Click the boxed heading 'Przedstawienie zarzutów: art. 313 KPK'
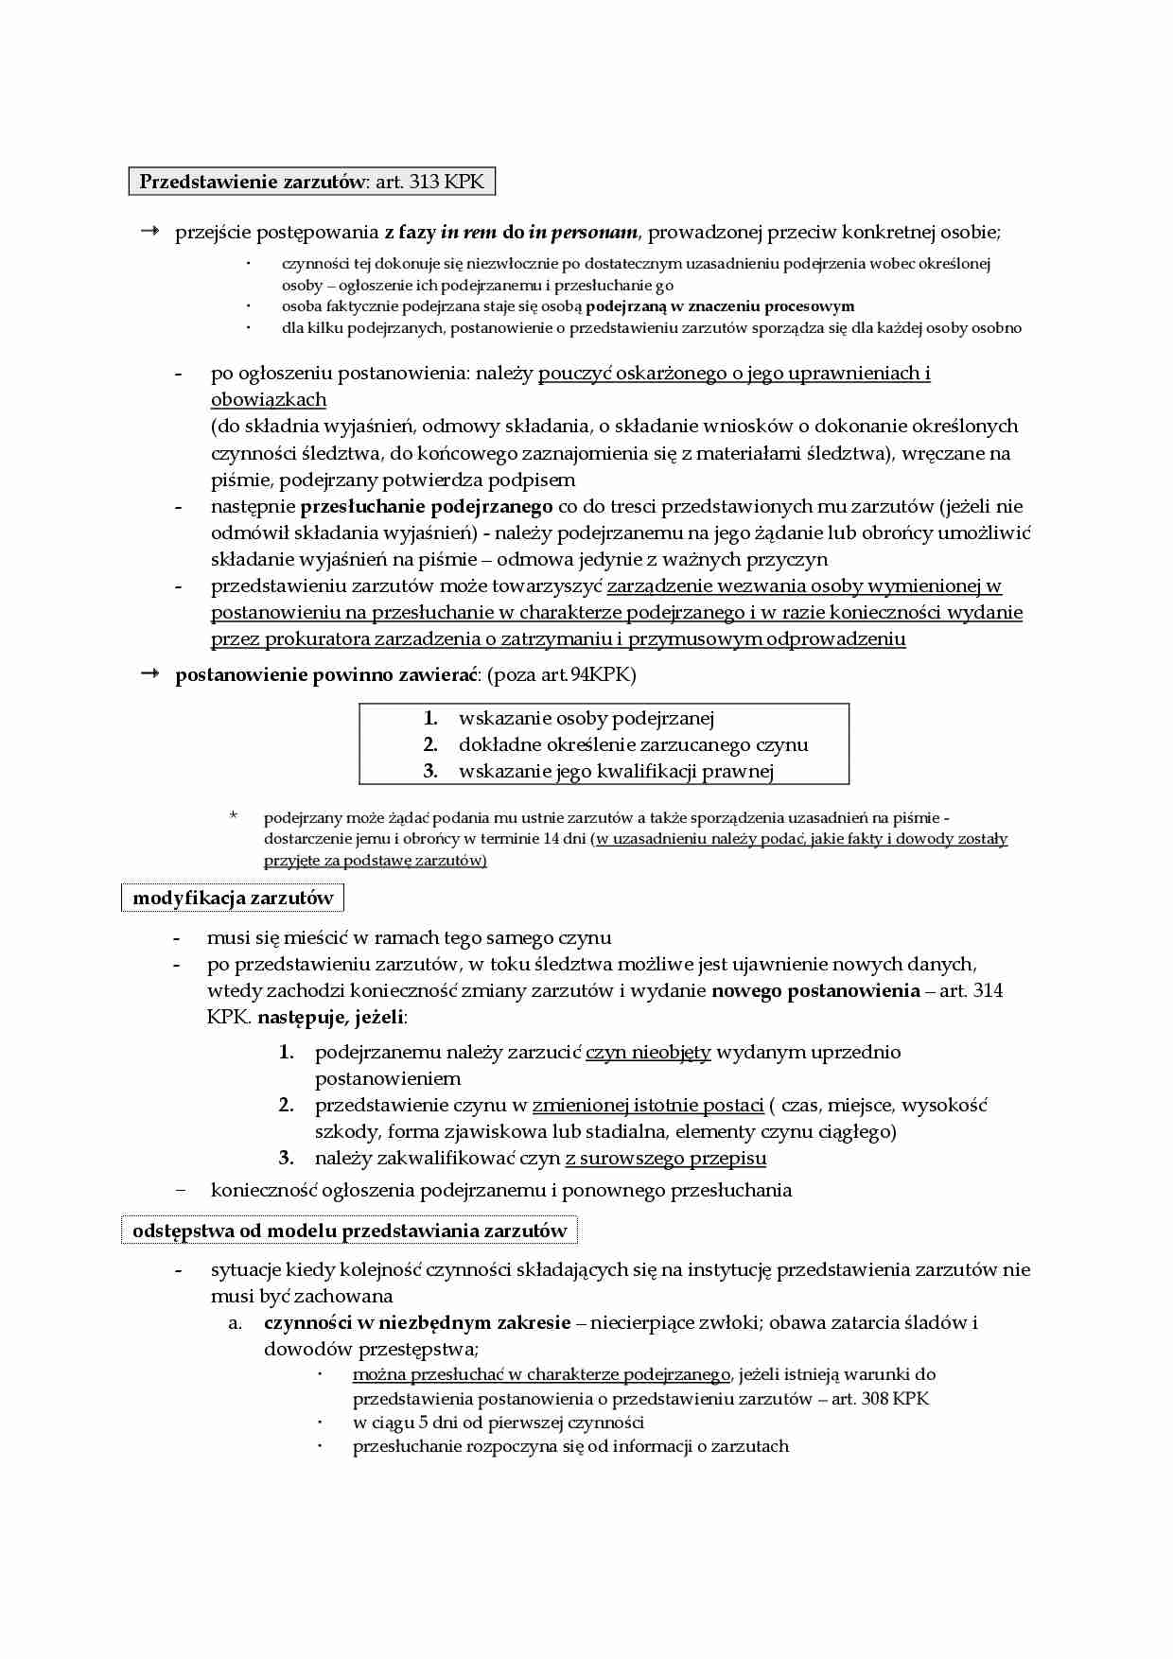311,182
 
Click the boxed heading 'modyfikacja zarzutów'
233,898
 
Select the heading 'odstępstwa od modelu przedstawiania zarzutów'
349,1231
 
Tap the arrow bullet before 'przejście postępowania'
149,232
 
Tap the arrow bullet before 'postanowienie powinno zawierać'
149,674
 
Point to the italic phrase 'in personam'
583,233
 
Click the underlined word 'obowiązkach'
269,400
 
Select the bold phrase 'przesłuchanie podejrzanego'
426,507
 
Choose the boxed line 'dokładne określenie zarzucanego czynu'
633,744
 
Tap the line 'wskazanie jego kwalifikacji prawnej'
616,771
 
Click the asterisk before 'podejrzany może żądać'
234,815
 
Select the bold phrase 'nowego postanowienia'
815,991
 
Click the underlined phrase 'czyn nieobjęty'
648,1053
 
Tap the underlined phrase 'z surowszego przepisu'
665,1159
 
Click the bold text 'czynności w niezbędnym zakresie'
417,1322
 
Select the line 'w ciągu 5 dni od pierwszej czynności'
498,1423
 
